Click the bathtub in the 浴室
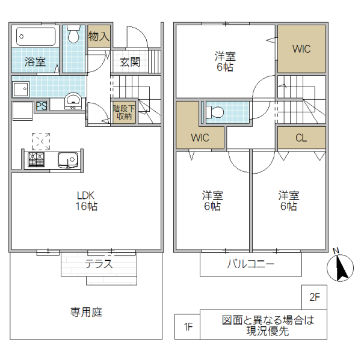(x=35, y=36)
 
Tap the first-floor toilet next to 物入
(x=74, y=35)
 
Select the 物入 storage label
(x=99, y=36)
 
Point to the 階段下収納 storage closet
(x=124, y=112)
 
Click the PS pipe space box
(x=42, y=106)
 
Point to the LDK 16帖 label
(x=87, y=201)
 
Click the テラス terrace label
(x=99, y=264)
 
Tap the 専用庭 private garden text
(x=86, y=312)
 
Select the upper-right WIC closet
(x=301, y=49)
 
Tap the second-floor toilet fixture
(x=214, y=112)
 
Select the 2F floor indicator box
(x=314, y=297)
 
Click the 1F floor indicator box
(x=187, y=327)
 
